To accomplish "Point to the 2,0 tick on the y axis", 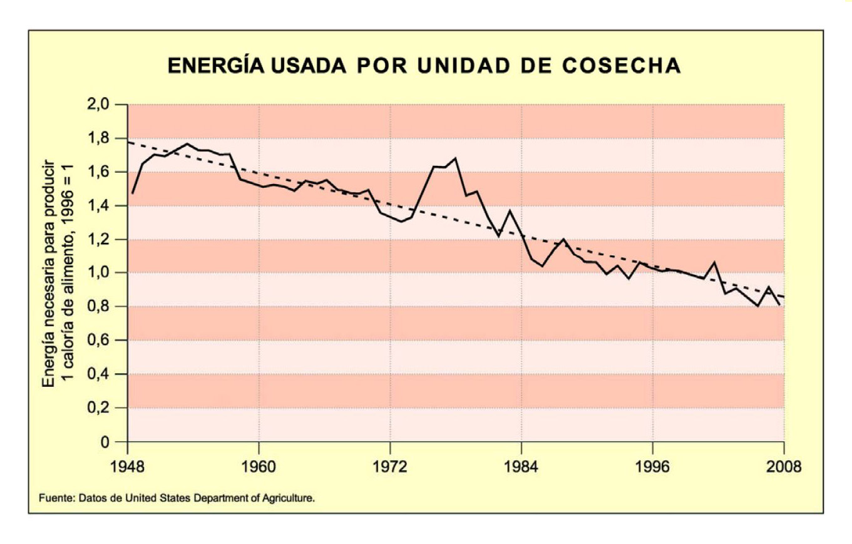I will (x=96, y=105).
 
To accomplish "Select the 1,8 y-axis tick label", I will (x=96, y=138).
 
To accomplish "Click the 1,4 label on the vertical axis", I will (x=96, y=205).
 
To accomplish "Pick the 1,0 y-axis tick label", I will (x=96, y=273).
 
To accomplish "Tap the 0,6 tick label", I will (x=96, y=341).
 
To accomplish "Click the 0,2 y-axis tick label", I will (x=96, y=408).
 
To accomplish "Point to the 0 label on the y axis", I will (x=105, y=442).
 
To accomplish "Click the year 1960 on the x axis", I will (x=259, y=467).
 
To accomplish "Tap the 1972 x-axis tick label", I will (x=390, y=467).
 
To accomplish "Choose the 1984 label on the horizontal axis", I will (x=521, y=467).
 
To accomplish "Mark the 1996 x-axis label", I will (x=653, y=467).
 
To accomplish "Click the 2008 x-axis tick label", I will (x=784, y=467).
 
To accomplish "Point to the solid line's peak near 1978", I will (x=455, y=158).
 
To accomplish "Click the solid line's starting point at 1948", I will (x=132, y=193).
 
